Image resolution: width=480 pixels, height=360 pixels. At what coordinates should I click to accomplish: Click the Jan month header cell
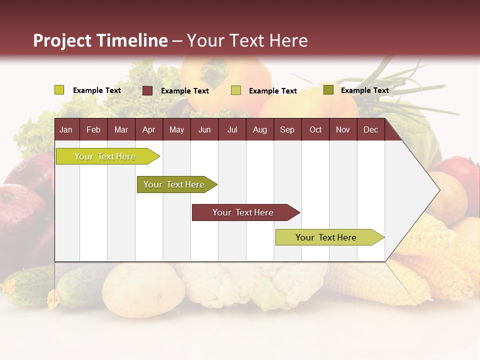pyautogui.click(x=66, y=130)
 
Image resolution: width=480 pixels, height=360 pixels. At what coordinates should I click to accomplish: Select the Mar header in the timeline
pyautogui.click(x=121, y=130)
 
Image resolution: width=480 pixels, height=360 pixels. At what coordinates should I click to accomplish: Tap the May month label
pyautogui.click(x=176, y=130)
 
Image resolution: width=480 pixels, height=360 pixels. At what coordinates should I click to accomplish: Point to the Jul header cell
pyautogui.click(x=232, y=130)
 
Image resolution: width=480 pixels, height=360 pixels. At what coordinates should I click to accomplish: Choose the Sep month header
pyautogui.click(x=287, y=130)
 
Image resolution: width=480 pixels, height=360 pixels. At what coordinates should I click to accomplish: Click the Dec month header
pyautogui.click(x=370, y=130)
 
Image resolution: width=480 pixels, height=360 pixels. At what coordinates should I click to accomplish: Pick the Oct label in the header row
pyautogui.click(x=315, y=130)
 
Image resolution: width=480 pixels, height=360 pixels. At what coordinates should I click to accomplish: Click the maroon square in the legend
pyautogui.click(x=147, y=90)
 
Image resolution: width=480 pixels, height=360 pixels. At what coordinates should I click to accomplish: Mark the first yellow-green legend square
pyautogui.click(x=59, y=90)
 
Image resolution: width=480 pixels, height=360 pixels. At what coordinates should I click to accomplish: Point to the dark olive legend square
pyautogui.click(x=328, y=90)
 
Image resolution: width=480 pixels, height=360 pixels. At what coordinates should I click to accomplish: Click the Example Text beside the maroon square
pyautogui.click(x=184, y=91)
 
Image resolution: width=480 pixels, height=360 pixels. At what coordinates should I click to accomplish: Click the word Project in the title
pyautogui.click(x=62, y=40)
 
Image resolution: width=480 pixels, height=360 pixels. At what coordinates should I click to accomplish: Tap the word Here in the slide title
pyautogui.click(x=288, y=40)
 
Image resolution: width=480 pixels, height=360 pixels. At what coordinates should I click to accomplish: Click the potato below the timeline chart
pyautogui.click(x=143, y=289)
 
